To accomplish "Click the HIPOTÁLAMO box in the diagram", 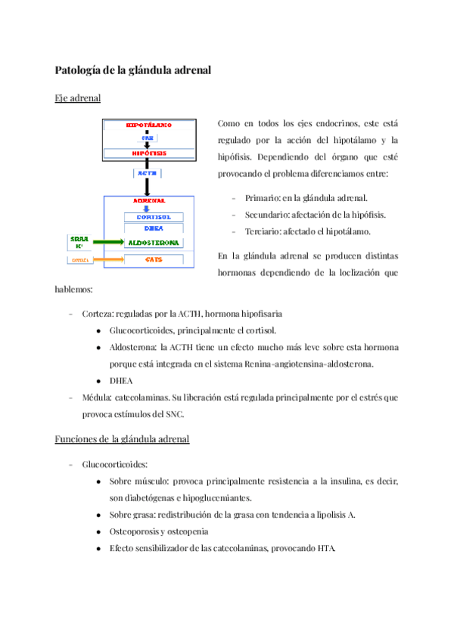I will click(x=148, y=125).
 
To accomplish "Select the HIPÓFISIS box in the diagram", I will click(x=148, y=153).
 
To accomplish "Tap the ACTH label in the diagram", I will click(x=148, y=173).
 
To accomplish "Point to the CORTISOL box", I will click(x=154, y=217).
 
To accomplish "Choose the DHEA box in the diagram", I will click(x=154, y=228).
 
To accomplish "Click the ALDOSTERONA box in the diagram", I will click(x=154, y=243).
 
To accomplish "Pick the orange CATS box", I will click(x=154, y=260).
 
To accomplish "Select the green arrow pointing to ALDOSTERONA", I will click(x=107, y=243).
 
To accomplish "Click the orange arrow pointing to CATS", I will click(x=107, y=260).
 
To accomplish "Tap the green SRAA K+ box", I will click(x=79, y=242).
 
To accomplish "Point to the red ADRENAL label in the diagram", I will click(x=149, y=201).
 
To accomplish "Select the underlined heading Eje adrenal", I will click(x=79, y=98).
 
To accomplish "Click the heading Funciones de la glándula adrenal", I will click(x=122, y=439).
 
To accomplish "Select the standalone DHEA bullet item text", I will click(x=121, y=380).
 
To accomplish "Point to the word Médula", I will click(x=98, y=397).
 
